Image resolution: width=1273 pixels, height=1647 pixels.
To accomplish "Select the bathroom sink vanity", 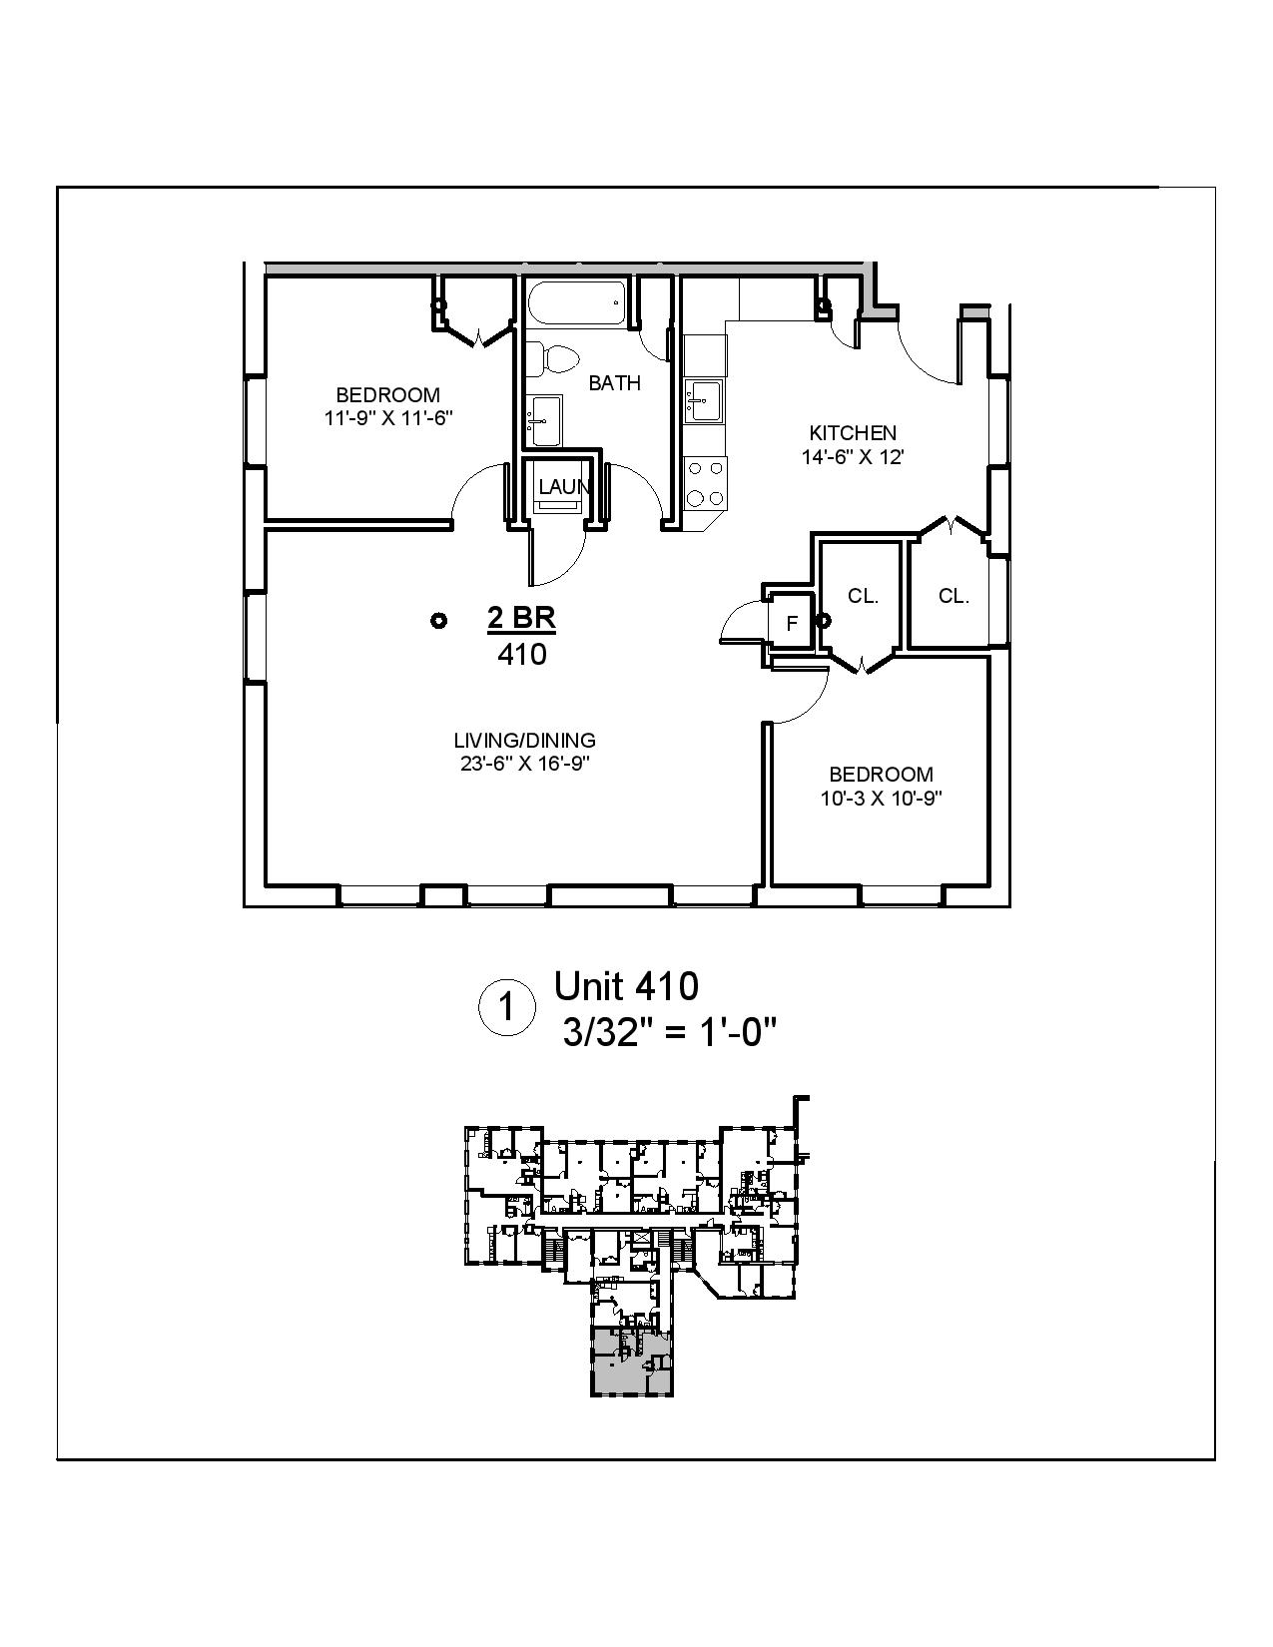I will [x=544, y=419].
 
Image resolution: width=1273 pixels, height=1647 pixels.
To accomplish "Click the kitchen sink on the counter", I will [x=705, y=401].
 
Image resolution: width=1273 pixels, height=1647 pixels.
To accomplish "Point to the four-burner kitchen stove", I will [x=705, y=482].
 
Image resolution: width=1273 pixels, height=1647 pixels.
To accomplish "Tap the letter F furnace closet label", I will [x=792, y=624].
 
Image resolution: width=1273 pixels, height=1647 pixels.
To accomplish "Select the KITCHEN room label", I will [x=852, y=433].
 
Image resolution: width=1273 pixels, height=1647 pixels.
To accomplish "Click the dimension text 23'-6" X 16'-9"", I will [x=524, y=765].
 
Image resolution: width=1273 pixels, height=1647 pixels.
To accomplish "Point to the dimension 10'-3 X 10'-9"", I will [x=881, y=799].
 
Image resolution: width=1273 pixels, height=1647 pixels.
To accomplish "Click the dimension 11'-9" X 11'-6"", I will [x=388, y=418].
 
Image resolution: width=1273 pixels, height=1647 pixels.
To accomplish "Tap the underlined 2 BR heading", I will [x=521, y=619].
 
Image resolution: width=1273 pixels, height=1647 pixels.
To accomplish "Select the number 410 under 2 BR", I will [x=521, y=655].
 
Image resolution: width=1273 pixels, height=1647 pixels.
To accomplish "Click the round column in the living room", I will [x=437, y=621].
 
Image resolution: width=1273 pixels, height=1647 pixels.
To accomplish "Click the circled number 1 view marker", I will [x=506, y=1008].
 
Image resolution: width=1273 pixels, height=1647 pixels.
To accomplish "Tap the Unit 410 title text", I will [x=626, y=986].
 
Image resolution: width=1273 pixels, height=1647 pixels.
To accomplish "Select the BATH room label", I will [x=614, y=383].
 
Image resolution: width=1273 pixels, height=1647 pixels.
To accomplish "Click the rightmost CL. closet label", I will [x=953, y=597].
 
